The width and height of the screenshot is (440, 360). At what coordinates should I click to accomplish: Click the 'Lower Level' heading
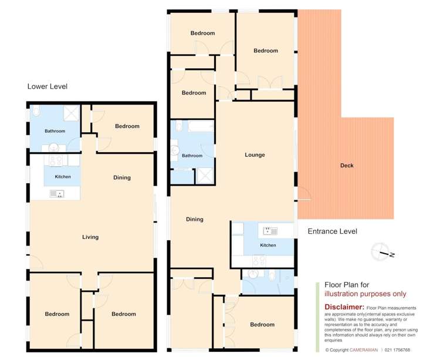pyautogui.click(x=48, y=86)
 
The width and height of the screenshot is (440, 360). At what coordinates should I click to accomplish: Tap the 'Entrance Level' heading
pyautogui.click(x=332, y=231)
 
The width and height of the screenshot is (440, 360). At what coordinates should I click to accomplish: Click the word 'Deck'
pyautogui.click(x=347, y=166)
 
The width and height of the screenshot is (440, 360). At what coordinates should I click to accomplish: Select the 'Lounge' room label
pyautogui.click(x=255, y=155)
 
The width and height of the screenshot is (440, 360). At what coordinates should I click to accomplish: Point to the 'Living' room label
pyautogui.click(x=90, y=237)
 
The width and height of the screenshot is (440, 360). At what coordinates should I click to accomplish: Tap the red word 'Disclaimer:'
pyautogui.click(x=344, y=307)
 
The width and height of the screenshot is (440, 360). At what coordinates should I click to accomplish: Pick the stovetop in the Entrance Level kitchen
pyautogui.click(x=258, y=260)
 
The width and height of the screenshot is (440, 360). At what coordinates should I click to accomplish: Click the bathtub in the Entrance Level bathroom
pyautogui.click(x=192, y=126)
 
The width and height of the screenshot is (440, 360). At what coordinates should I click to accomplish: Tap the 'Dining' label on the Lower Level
pyautogui.click(x=122, y=177)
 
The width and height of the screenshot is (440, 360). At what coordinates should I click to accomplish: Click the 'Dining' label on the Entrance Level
pyautogui.click(x=194, y=219)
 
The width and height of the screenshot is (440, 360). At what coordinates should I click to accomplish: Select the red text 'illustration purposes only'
pyautogui.click(x=365, y=294)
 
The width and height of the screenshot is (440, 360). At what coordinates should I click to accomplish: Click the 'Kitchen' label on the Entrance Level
pyautogui.click(x=268, y=245)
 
